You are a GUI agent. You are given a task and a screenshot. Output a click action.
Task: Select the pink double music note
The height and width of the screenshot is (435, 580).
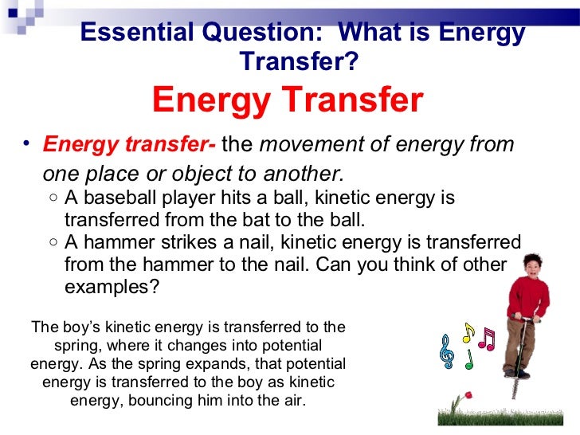point(486,339)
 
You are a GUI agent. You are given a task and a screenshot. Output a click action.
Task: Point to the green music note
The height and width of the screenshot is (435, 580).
point(469,359)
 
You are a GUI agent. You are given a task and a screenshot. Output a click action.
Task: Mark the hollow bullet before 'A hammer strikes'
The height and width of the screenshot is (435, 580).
point(52,242)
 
